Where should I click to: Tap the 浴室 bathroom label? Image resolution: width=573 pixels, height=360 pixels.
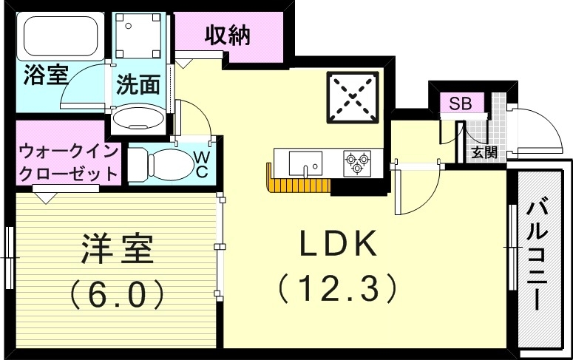[x=46, y=75]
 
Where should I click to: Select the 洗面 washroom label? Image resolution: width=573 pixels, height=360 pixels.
[x=138, y=85]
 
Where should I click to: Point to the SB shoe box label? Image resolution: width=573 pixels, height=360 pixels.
[x=461, y=103]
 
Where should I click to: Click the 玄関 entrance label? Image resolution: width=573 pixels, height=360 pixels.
[x=484, y=153]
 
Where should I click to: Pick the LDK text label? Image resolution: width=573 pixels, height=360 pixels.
[x=338, y=244]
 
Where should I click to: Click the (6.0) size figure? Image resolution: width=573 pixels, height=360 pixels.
[x=117, y=296]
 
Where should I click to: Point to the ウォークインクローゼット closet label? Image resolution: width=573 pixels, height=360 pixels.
[x=68, y=165]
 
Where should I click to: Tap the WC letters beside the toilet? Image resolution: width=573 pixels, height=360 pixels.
[x=200, y=164]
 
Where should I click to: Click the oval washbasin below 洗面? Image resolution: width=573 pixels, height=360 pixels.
[x=140, y=119]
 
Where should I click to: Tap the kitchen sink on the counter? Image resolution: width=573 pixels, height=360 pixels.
[x=304, y=162]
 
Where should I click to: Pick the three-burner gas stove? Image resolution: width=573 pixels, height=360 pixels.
[x=356, y=162]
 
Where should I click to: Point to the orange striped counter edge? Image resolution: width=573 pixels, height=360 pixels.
[x=296, y=183]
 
